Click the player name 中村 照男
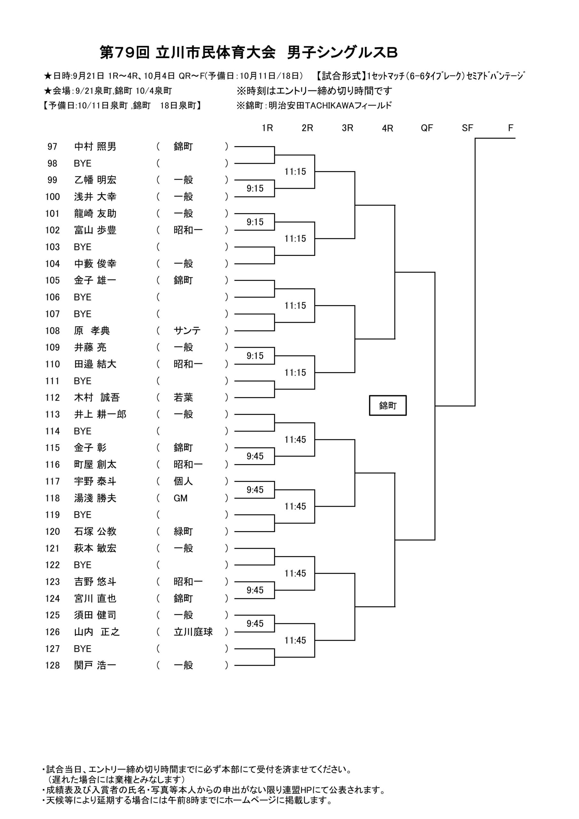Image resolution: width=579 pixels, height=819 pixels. pyautogui.click(x=95, y=147)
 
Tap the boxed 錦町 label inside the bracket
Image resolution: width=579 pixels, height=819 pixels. pyautogui.click(x=387, y=406)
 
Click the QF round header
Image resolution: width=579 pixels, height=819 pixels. pyautogui.click(x=427, y=128)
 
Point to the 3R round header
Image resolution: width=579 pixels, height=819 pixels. pyautogui.click(x=347, y=128)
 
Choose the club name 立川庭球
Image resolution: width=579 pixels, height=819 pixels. pyautogui.click(x=193, y=632)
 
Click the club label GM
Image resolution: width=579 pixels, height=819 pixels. pyautogui.click(x=180, y=498)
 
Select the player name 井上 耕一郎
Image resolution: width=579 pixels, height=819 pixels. pyautogui.click(x=100, y=415)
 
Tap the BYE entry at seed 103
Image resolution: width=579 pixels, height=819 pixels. pyautogui.click(x=83, y=247)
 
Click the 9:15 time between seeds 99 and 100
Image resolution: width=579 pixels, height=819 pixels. pyautogui.click(x=255, y=188)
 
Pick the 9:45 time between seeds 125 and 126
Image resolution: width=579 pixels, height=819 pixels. pyautogui.click(x=255, y=624)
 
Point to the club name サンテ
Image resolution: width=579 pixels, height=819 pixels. pyautogui.click(x=187, y=331)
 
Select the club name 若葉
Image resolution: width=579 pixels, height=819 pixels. pyautogui.click(x=183, y=397)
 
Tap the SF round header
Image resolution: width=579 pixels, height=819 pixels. pyautogui.click(x=467, y=128)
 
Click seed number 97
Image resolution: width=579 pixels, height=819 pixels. pyautogui.click(x=52, y=147)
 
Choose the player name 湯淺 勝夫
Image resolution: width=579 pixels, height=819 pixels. pyautogui.click(x=95, y=498)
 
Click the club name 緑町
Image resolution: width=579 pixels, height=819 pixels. pyautogui.click(x=183, y=531)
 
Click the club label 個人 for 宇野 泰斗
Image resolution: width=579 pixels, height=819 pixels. pyautogui.click(x=183, y=481)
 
